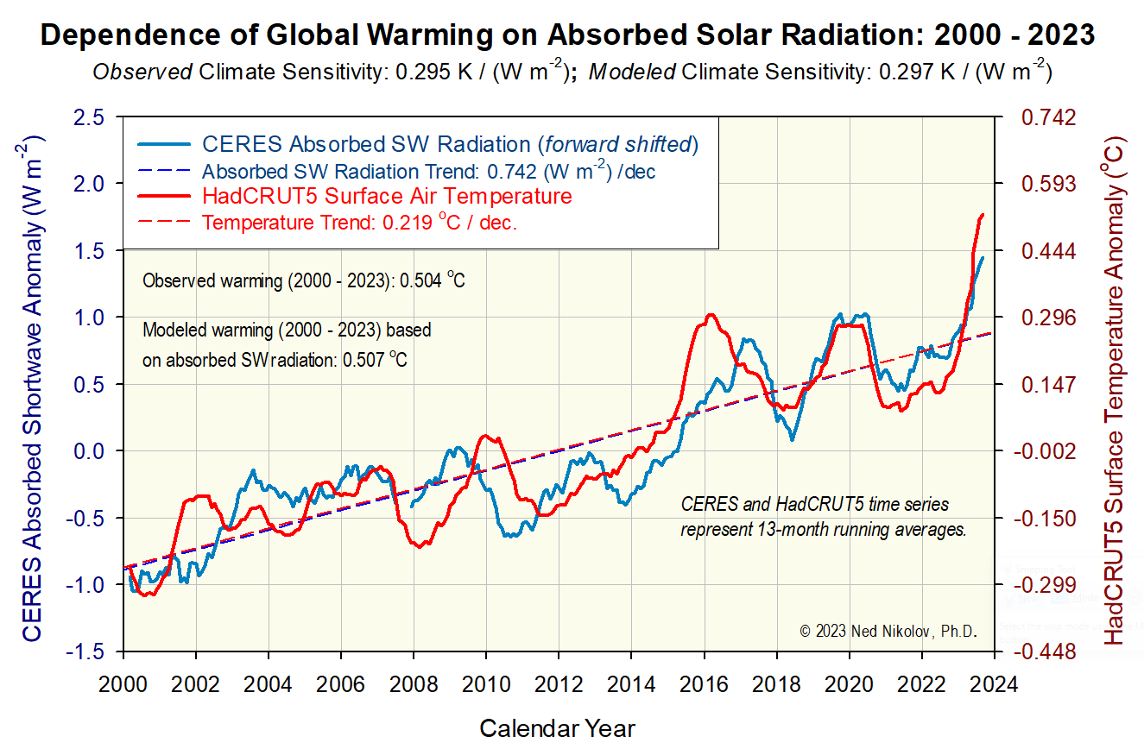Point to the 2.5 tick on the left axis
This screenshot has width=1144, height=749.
pyautogui.click(x=90, y=116)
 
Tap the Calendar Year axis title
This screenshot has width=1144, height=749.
pyautogui.click(x=557, y=727)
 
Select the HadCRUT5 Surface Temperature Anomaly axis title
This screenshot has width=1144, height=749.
pyautogui.click(x=1116, y=388)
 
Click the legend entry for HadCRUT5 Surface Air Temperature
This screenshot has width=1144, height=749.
pyautogui.click(x=386, y=196)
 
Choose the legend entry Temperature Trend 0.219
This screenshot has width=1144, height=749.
pyautogui.click(x=359, y=223)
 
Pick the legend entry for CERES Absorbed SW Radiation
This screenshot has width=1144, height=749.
pyautogui.click(x=449, y=143)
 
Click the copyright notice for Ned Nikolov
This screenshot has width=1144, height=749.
pyautogui.click(x=888, y=632)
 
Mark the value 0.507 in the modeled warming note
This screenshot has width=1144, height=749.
pyautogui.click(x=363, y=360)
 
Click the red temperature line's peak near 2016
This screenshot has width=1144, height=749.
pyautogui.click(x=711, y=315)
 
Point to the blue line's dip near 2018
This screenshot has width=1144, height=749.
pyautogui.click(x=792, y=440)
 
